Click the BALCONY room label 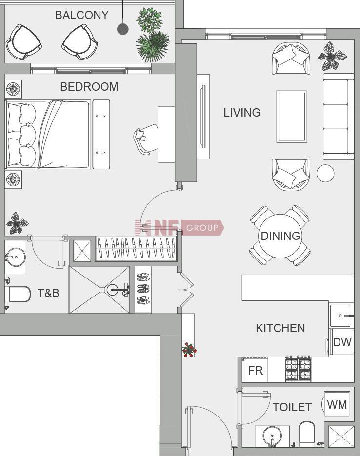[x=82, y=15]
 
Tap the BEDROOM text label [x=89, y=87]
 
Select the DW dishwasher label [x=342, y=342]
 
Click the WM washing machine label [x=337, y=404]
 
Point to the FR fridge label [x=256, y=371]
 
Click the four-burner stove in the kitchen [x=298, y=369]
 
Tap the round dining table [x=280, y=236]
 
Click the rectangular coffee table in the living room [x=292, y=117]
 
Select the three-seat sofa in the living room [x=339, y=117]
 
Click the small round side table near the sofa [x=325, y=173]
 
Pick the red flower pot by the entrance [x=189, y=350]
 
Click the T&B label [x=48, y=293]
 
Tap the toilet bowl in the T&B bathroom [x=18, y=294]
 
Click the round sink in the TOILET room [x=272, y=436]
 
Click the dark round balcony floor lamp [x=123, y=29]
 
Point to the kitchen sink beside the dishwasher [x=341, y=316]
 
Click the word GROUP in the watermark [x=202, y=228]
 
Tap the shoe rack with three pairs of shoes [x=143, y=289]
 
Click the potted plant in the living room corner [x=332, y=56]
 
